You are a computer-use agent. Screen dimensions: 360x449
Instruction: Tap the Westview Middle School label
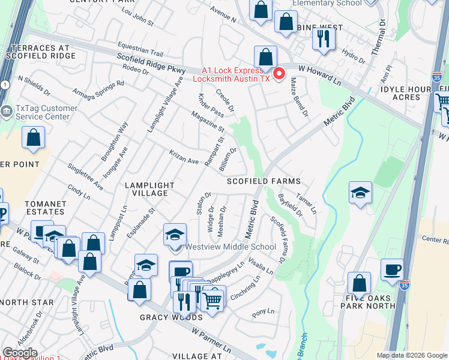point(231,247)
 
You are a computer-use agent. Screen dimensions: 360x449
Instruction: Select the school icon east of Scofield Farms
point(360,193)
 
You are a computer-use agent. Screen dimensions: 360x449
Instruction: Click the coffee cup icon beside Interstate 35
point(392,269)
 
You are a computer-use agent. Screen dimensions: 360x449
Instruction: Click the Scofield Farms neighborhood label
point(263,181)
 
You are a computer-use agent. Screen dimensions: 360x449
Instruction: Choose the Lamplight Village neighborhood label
point(149,189)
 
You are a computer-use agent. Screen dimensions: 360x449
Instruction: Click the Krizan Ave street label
point(184,157)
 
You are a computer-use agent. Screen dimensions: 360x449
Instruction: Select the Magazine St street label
point(208,121)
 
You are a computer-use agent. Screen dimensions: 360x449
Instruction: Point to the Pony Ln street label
point(263,311)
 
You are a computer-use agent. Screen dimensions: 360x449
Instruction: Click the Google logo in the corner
point(20,353)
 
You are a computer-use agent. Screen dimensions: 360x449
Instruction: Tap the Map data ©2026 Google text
point(411,355)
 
